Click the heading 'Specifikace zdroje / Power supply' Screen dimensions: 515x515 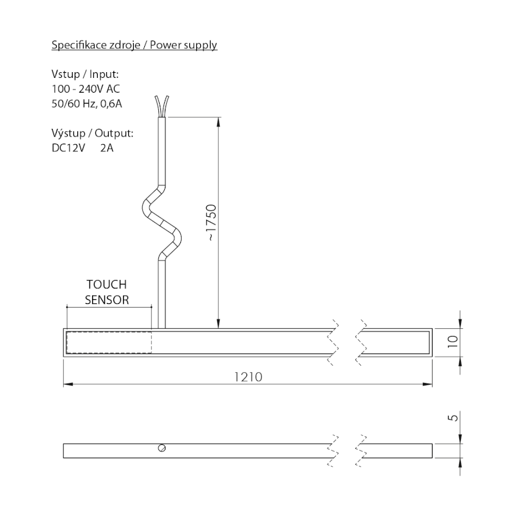click(x=134, y=45)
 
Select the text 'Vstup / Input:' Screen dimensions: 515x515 click(x=85, y=75)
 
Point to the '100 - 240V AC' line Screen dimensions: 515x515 click(x=85, y=89)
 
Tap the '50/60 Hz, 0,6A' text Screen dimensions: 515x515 click(x=86, y=104)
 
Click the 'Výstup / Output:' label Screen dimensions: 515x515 click(x=92, y=134)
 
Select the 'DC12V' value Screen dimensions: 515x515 click(x=68, y=149)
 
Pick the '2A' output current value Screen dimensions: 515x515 click(x=108, y=149)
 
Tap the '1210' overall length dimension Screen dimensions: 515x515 click(x=248, y=377)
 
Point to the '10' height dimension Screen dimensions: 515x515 click(x=453, y=342)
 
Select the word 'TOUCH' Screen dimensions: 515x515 click(x=106, y=284)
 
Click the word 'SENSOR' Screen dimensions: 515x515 click(x=108, y=299)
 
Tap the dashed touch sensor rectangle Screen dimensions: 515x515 click(x=109, y=342)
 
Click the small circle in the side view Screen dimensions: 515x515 click(x=162, y=448)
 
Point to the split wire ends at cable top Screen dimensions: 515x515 click(x=161, y=104)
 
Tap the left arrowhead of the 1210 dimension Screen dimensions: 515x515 click(x=66, y=386)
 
